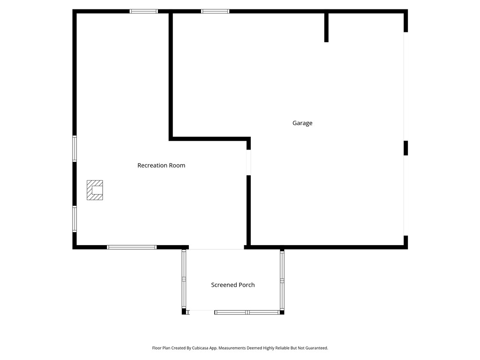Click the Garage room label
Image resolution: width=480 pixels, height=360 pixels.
[302, 123]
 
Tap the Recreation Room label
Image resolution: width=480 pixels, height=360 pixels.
[161, 165]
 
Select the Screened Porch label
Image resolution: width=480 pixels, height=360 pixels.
[232, 285]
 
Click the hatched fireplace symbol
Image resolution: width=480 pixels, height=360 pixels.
[95, 190]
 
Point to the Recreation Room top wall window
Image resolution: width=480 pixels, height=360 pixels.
[144, 11]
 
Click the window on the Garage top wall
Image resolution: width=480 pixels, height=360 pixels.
[215, 11]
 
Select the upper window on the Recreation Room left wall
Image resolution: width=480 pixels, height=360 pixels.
[75, 149]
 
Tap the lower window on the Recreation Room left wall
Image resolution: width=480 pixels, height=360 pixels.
[75, 218]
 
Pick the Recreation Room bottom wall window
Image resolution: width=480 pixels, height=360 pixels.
[132, 247]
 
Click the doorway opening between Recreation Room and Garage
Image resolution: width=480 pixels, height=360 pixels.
[248, 162]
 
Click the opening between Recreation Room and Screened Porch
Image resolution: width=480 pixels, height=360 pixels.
[217, 247]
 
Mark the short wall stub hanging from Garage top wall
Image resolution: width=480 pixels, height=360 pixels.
[326, 27]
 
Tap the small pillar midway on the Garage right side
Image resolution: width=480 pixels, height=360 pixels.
[406, 148]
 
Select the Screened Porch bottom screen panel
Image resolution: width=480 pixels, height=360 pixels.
[247, 312]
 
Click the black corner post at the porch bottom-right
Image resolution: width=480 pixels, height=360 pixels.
[282, 312]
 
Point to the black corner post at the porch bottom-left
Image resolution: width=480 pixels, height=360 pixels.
[184, 312]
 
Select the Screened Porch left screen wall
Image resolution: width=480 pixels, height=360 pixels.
[184, 279]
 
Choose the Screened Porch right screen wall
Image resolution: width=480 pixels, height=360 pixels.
[282, 279]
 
